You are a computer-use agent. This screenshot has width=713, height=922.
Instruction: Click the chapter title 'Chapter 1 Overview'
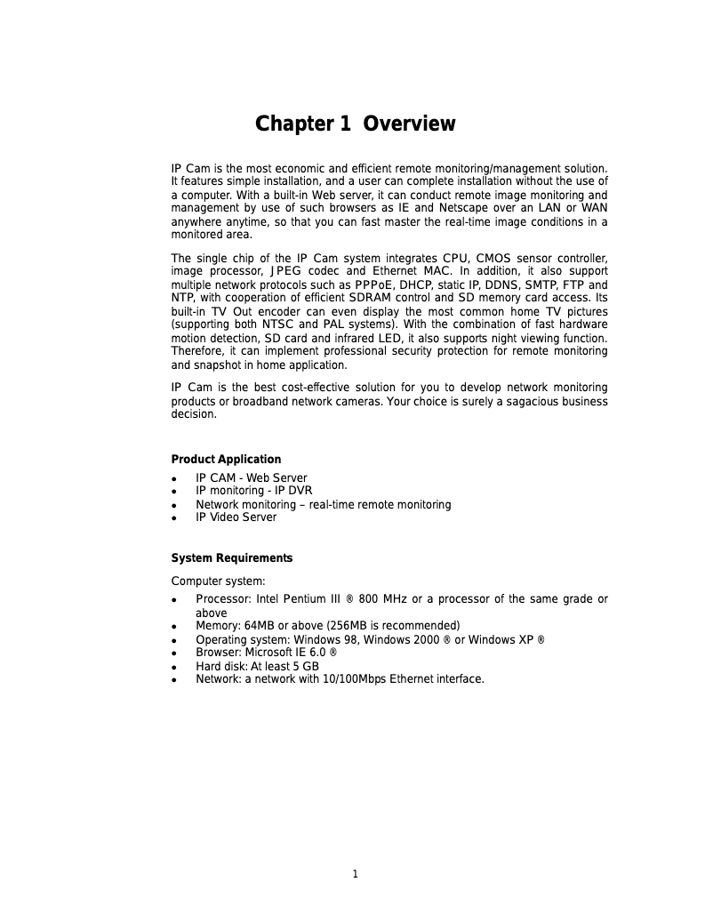pos(355,124)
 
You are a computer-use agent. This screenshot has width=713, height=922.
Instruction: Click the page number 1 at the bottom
pos(355,874)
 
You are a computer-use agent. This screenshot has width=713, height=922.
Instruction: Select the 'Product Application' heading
pos(226,460)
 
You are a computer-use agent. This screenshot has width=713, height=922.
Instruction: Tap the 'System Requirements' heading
pos(231,558)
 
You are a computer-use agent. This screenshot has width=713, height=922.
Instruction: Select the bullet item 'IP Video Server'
pos(236,517)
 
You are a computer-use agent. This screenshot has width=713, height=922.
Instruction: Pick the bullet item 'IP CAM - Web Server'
pos(252,478)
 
